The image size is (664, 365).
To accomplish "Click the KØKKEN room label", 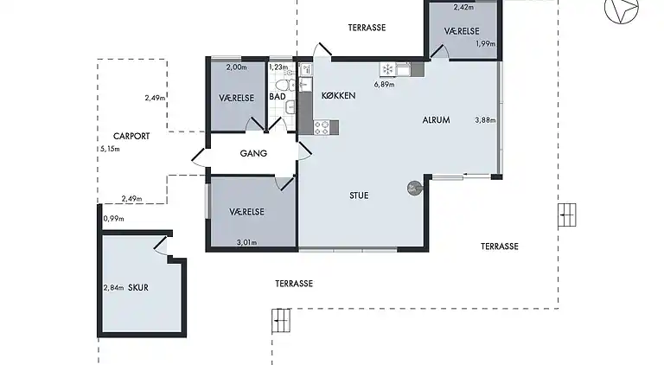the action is click(338, 96).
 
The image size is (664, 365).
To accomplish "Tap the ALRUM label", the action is click(436, 120).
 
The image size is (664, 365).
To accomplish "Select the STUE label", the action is click(359, 195).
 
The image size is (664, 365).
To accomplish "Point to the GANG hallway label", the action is click(253, 153).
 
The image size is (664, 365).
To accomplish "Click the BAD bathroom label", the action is click(278, 97).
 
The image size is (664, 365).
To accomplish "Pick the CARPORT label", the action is click(131, 137).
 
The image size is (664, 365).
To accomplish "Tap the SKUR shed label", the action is click(138, 287).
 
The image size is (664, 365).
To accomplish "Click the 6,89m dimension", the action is click(384, 84).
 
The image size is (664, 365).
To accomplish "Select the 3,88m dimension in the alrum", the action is click(485, 120).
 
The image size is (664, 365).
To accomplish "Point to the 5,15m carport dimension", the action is click(110, 149).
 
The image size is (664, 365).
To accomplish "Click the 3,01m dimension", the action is click(246, 243).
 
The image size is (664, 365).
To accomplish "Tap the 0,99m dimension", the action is click(113, 219).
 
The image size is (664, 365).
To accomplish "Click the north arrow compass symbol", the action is click(622, 10).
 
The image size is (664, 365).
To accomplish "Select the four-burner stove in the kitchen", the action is click(322, 127).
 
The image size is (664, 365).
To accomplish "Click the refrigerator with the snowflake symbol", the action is click(387, 69).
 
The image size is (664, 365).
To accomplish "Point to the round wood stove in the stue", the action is click(414, 189).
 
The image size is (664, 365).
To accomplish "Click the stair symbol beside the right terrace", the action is click(566, 215).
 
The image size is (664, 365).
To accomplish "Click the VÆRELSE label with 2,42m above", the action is click(462, 31).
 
